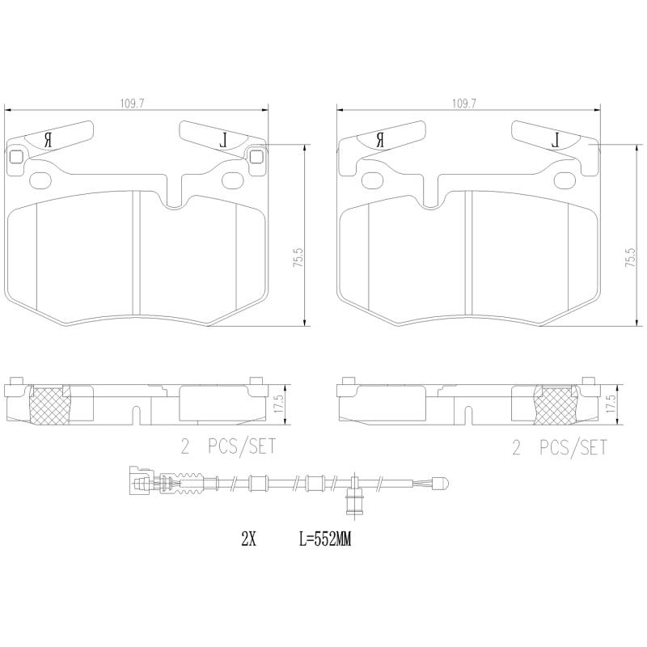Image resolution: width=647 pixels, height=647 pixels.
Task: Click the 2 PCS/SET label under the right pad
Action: (559, 447)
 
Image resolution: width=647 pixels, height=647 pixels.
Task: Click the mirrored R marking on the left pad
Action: (49, 140)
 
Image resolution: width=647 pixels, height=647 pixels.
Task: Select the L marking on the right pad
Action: (556, 140)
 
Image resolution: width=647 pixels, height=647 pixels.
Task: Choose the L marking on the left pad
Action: (225, 140)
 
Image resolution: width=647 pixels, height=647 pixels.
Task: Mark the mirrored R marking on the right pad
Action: (380, 140)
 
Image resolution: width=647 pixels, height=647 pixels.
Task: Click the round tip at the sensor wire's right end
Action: (442, 485)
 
